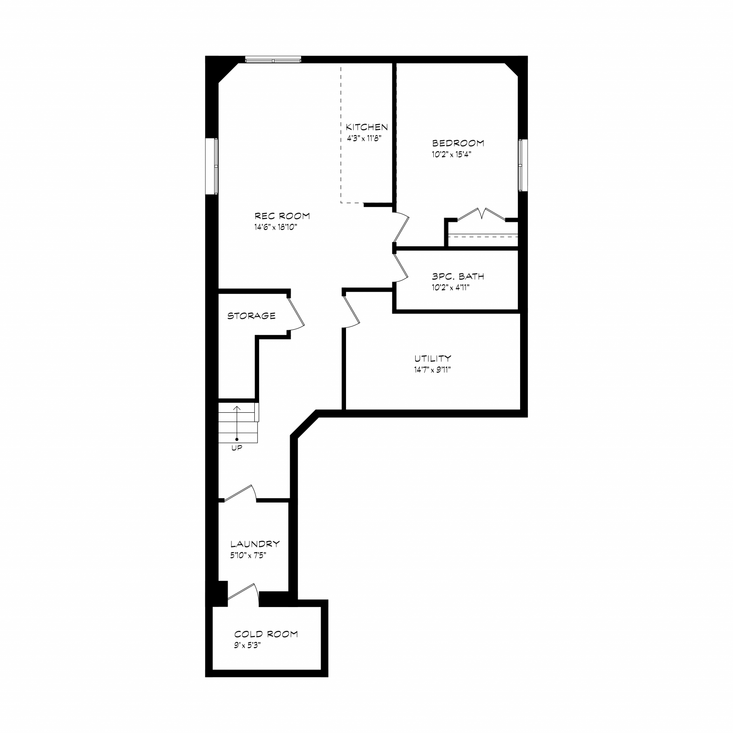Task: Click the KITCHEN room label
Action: tap(366, 127)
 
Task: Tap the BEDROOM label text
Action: tap(458, 143)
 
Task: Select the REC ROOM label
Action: tap(282, 216)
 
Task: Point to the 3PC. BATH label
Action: tap(458, 276)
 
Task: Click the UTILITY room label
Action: tap(432, 358)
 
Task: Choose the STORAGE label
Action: tap(251, 316)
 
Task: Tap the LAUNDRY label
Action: tap(255, 544)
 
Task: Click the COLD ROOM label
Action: tap(266, 634)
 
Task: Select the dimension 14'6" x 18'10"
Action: tap(276, 227)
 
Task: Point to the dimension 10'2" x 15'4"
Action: tap(451, 155)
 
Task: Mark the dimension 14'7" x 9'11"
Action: tap(432, 370)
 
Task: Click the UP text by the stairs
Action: tap(237, 448)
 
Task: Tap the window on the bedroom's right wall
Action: tap(523, 165)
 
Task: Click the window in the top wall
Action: tap(273, 60)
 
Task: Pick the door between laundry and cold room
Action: tap(243, 593)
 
